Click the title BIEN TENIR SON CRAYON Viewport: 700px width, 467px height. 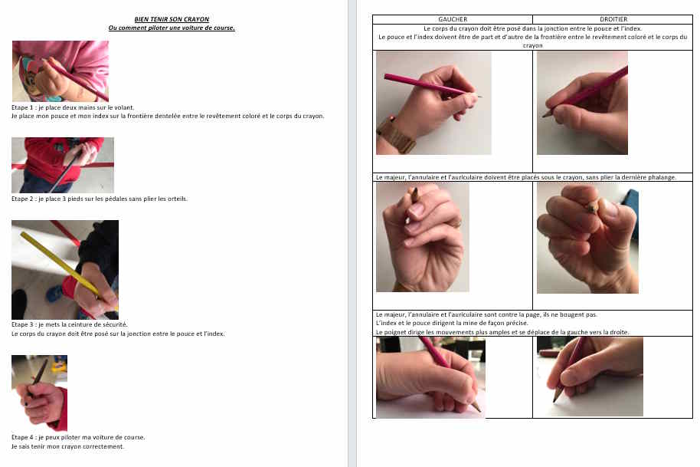[x=172, y=19]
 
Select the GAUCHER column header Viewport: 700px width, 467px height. [x=453, y=19]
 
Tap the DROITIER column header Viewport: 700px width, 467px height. [x=613, y=19]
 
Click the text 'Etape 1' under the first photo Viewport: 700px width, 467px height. [x=22, y=107]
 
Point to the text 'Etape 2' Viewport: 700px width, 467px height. [x=22, y=199]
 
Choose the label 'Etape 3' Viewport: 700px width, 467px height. [x=22, y=324]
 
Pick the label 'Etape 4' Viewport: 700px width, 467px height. [x=22, y=437]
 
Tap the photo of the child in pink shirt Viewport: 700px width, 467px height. [x=61, y=71]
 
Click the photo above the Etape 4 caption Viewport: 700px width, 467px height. [x=39, y=393]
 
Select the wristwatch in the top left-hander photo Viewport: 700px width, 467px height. [x=395, y=134]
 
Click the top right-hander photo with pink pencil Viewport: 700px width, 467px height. [x=582, y=103]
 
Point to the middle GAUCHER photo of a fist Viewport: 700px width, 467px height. [x=422, y=237]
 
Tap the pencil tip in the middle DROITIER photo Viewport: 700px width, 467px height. [x=592, y=207]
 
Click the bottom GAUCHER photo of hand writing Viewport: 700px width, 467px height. [x=431, y=377]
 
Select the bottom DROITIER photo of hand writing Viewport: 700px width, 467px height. [x=590, y=377]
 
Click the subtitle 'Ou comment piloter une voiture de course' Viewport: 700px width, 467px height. [x=172, y=28]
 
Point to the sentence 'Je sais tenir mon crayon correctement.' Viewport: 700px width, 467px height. [x=68, y=446]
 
